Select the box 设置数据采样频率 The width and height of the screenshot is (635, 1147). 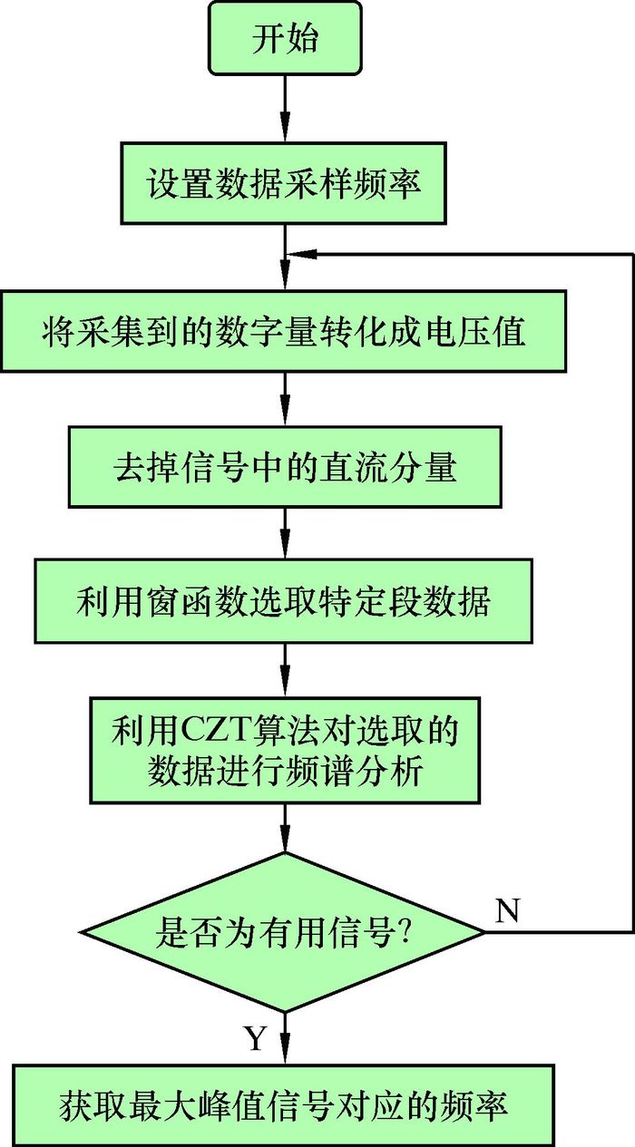tap(282, 182)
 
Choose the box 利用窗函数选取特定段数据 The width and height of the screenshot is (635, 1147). tap(283, 601)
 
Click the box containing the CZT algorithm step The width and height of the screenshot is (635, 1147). tap(285, 748)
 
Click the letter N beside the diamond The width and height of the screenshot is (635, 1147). tap(508, 911)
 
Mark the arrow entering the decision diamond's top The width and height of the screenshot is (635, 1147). tap(285, 827)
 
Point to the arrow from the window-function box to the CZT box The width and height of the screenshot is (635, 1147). tap(285, 669)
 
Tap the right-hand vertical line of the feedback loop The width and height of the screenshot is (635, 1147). tap(631, 589)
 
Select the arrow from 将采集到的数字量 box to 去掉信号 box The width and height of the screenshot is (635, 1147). tap(285, 399)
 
